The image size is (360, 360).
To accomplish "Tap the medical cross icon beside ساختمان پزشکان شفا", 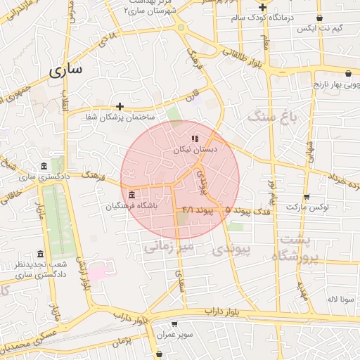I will (x=120, y=107).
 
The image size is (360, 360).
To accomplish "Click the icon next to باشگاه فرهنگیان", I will (x=132, y=194).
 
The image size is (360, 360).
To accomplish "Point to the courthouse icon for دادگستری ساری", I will (x=44, y=166).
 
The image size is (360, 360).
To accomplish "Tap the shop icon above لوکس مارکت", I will (x=306, y=197).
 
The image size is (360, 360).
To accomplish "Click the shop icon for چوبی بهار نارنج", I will (x=348, y=72).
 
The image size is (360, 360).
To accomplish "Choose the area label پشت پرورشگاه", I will (x=298, y=247).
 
